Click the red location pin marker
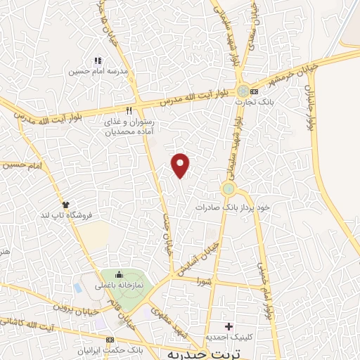tap(181, 165)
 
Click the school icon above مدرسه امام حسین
tap(98, 60)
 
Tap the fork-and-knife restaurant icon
tap(129, 110)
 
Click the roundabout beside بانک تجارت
tap(243, 91)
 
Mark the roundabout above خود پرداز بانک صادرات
tap(229, 189)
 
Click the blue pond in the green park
tap(77, 288)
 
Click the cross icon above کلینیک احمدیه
tap(228, 326)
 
